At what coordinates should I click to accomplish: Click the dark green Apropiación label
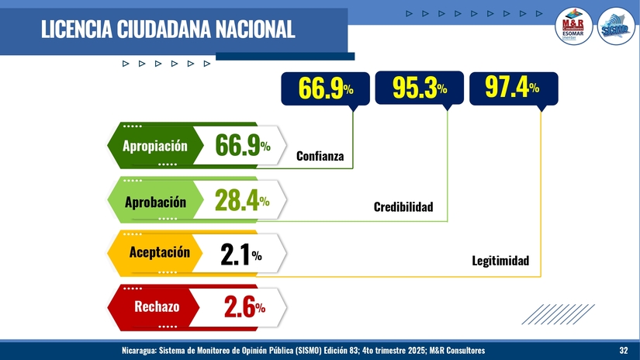tap(155, 145)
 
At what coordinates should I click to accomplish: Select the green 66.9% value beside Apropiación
tap(242, 145)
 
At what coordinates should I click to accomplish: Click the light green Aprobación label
tap(155, 202)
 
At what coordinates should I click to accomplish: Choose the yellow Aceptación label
tap(158, 252)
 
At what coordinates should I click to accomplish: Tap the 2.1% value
tap(240, 254)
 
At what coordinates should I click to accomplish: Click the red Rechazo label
tap(157, 306)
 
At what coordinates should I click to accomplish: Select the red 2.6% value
tap(244, 307)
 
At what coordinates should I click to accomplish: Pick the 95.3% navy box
tap(419, 88)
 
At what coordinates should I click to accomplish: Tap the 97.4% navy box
tap(512, 88)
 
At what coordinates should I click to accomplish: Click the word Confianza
tap(320, 157)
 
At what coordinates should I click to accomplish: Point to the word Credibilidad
tap(403, 207)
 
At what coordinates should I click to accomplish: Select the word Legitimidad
tap(500, 261)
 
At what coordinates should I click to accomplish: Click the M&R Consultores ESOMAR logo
tap(576, 29)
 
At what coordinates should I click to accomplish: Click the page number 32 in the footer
tap(624, 351)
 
